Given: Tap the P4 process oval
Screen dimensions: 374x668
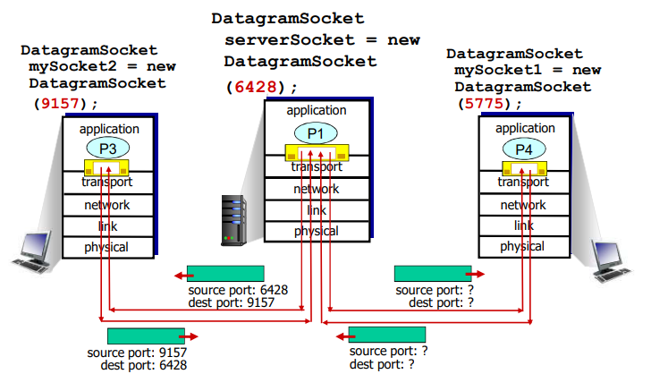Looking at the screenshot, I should (x=523, y=149).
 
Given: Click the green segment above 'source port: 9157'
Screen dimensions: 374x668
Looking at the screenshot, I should (x=146, y=336).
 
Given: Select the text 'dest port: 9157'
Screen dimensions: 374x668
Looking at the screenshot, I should (x=232, y=302).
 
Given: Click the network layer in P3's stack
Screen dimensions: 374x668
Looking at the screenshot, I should (x=107, y=205).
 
